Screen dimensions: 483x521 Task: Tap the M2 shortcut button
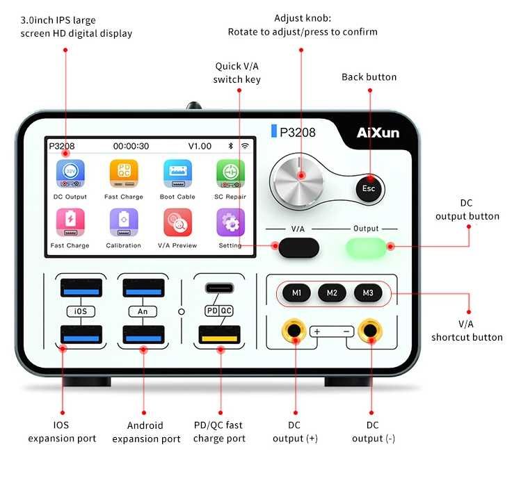(x=332, y=293)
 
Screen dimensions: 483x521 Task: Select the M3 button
(x=368, y=293)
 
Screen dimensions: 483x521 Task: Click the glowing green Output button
(x=365, y=247)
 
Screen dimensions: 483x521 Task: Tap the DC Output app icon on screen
(x=70, y=174)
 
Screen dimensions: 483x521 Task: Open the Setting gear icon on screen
(x=230, y=223)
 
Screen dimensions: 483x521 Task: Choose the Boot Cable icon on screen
(x=177, y=174)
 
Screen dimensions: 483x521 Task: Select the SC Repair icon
(x=230, y=174)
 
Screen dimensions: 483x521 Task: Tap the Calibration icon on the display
(x=123, y=223)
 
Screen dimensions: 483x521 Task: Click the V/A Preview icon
(x=177, y=223)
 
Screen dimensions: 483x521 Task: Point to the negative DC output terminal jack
(x=369, y=331)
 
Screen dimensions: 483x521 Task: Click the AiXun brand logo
(x=378, y=132)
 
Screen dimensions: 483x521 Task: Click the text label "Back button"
(x=369, y=76)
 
